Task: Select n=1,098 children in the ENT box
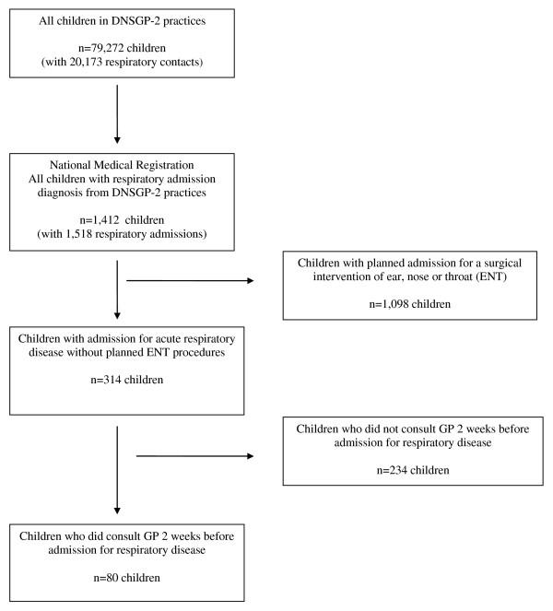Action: click(410, 303)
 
